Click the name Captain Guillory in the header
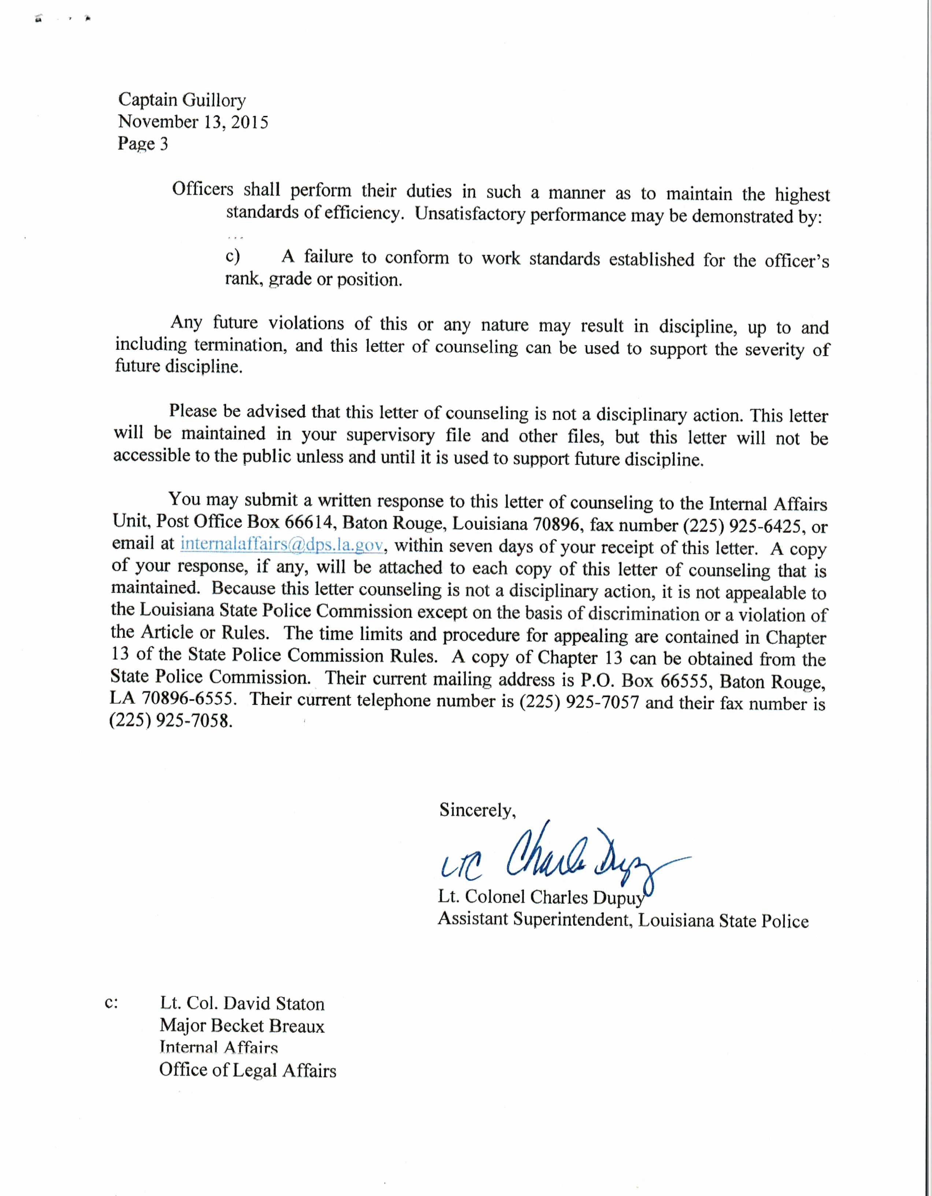click(182, 100)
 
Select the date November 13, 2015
click(193, 122)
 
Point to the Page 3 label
click(143, 144)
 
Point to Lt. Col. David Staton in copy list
click(242, 1003)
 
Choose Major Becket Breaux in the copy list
click(242, 1025)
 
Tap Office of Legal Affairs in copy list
click(248, 1070)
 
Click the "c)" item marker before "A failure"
click(233, 256)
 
